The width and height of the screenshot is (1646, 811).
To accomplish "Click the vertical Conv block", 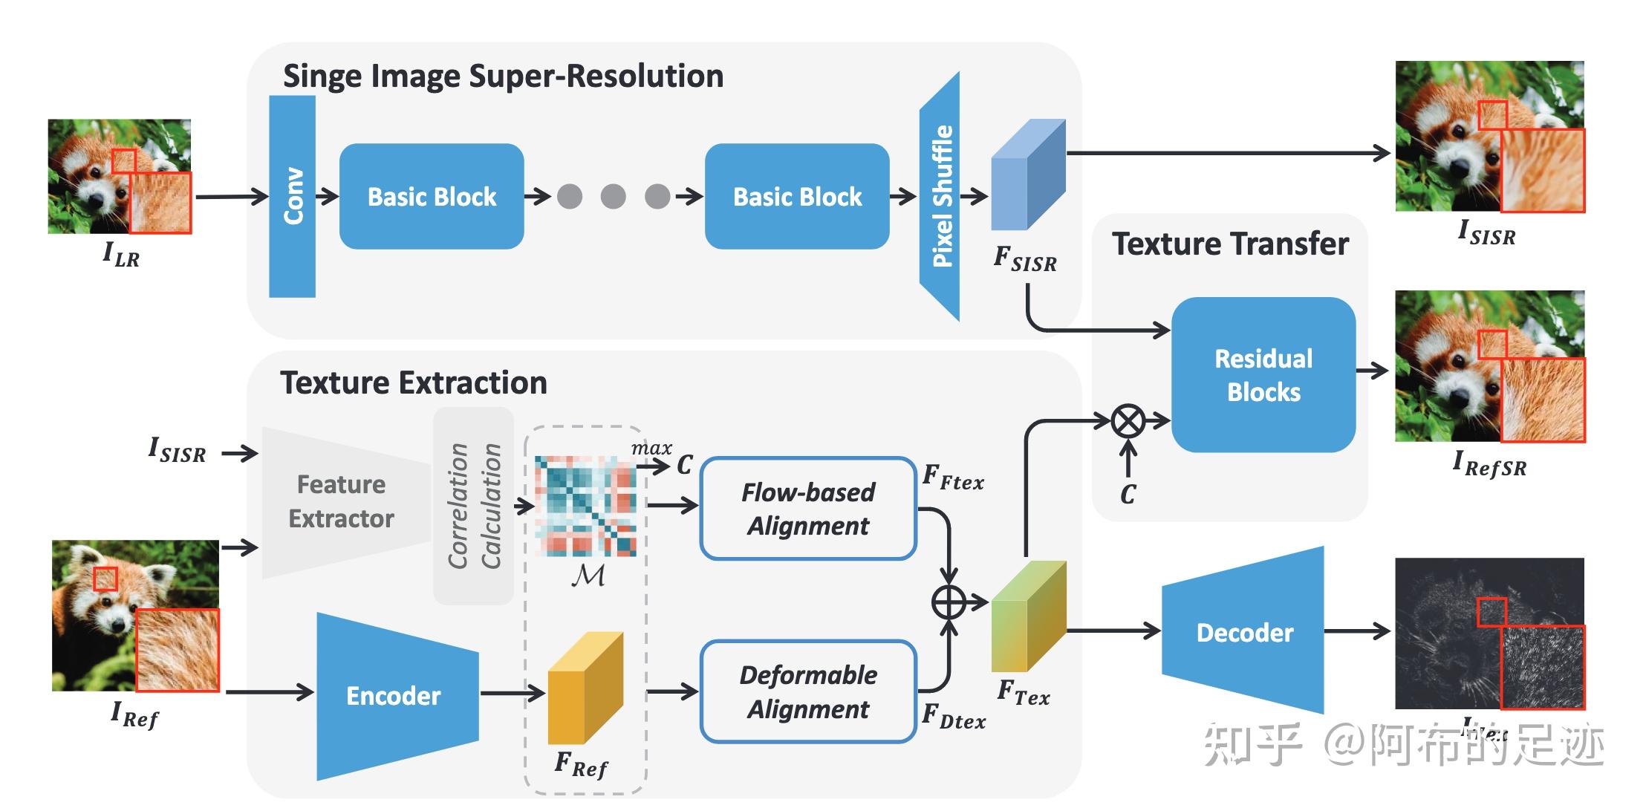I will click(x=292, y=197).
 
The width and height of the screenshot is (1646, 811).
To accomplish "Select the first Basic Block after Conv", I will click(x=432, y=197).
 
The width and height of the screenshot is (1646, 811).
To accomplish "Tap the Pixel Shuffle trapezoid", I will click(x=940, y=197).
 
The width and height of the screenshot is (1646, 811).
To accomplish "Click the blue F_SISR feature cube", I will click(x=1027, y=177).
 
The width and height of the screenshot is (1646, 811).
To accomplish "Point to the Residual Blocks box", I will click(x=1263, y=375).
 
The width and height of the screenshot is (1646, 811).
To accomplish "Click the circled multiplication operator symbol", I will click(x=1128, y=422).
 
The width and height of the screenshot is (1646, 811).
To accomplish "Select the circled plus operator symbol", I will click(x=949, y=602).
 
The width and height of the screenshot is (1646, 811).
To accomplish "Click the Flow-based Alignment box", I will click(x=808, y=509).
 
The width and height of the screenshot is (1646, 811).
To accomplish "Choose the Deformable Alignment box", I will click(x=808, y=691).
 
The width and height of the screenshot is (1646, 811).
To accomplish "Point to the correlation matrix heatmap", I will click(x=585, y=507).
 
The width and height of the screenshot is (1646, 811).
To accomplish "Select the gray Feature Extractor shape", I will click(x=342, y=502).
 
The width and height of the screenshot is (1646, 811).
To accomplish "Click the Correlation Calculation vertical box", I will click(x=474, y=506).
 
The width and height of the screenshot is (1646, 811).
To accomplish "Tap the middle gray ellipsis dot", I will click(x=613, y=197).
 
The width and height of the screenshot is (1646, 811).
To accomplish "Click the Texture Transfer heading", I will click(x=1230, y=244).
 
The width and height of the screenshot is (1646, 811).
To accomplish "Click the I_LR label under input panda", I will click(x=121, y=255).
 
